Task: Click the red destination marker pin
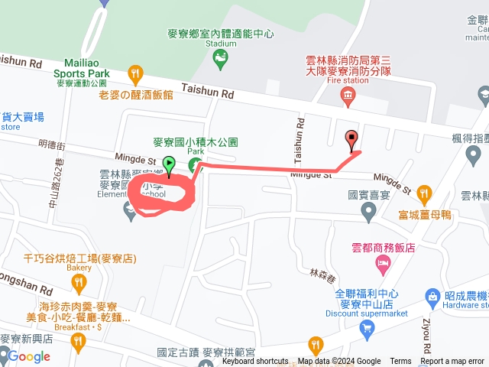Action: click(x=351, y=139)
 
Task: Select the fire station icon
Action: click(x=348, y=95)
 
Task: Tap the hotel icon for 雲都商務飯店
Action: click(x=382, y=265)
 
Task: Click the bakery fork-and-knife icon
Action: click(x=78, y=284)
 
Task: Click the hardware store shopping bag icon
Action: click(x=432, y=296)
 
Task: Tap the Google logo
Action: click(x=29, y=356)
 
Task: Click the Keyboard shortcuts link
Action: click(x=255, y=362)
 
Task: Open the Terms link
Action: click(x=400, y=362)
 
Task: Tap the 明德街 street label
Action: click(x=51, y=145)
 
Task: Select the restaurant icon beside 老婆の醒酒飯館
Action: click(x=136, y=75)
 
